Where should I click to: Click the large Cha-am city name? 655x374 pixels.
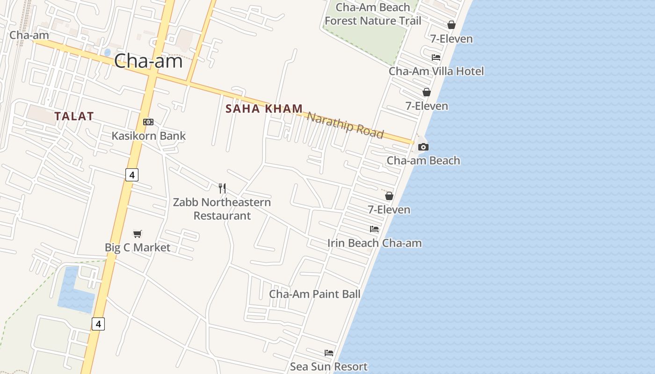pos(148,61)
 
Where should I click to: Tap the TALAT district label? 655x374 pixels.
pos(74,116)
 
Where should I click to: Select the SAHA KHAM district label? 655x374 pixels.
pos(264,109)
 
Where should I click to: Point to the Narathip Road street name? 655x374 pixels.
pos(345,125)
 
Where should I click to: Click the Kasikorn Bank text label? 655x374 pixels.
pos(148,136)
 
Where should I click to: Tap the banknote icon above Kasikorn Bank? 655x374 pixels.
pos(148,122)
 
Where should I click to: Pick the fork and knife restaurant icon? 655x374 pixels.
pos(222,188)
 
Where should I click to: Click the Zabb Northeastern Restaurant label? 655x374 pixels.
pos(222,209)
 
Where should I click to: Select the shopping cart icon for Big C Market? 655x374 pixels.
pos(137,234)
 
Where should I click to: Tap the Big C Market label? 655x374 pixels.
pos(138,247)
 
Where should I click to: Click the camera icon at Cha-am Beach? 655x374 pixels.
pos(423,147)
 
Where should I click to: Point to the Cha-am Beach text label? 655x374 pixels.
pos(423,161)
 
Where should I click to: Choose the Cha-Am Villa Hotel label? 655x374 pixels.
pos(436,72)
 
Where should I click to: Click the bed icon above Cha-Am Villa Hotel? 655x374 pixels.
pos(436,58)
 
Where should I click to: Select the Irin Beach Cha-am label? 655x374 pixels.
pos(374,243)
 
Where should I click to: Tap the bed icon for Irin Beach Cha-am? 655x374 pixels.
pos(374,229)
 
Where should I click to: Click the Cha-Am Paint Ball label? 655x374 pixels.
pos(314,294)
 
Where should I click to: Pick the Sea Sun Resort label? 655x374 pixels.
pos(328,367)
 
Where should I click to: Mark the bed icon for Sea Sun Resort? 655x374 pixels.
pos(329,353)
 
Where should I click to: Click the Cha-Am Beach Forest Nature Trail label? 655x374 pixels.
pos(373,14)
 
